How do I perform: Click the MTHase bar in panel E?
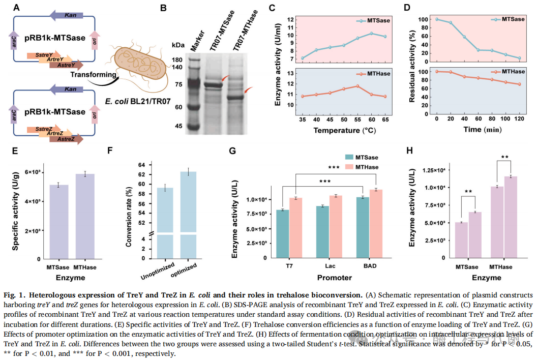tap(85, 216)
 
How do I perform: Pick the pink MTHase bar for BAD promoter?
tap(375, 224)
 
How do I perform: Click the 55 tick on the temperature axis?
tap(357, 118)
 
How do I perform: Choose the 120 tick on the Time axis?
tap(519, 118)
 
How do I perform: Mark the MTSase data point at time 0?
tap(437, 19)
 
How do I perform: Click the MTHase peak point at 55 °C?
tap(357, 86)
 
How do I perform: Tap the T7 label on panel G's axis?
tap(289, 265)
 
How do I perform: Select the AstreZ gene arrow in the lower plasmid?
tap(66, 139)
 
